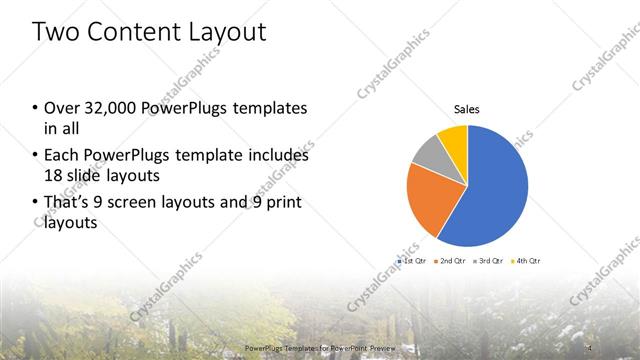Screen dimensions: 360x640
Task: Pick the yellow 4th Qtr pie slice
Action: [454, 140]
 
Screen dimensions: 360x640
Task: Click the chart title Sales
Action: [467, 109]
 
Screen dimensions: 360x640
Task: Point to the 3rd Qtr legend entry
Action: [488, 260]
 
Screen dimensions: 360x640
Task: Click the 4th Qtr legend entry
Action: [525, 260]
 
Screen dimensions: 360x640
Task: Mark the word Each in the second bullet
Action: [60, 156]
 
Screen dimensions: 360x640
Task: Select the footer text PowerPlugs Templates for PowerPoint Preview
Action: [319, 348]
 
